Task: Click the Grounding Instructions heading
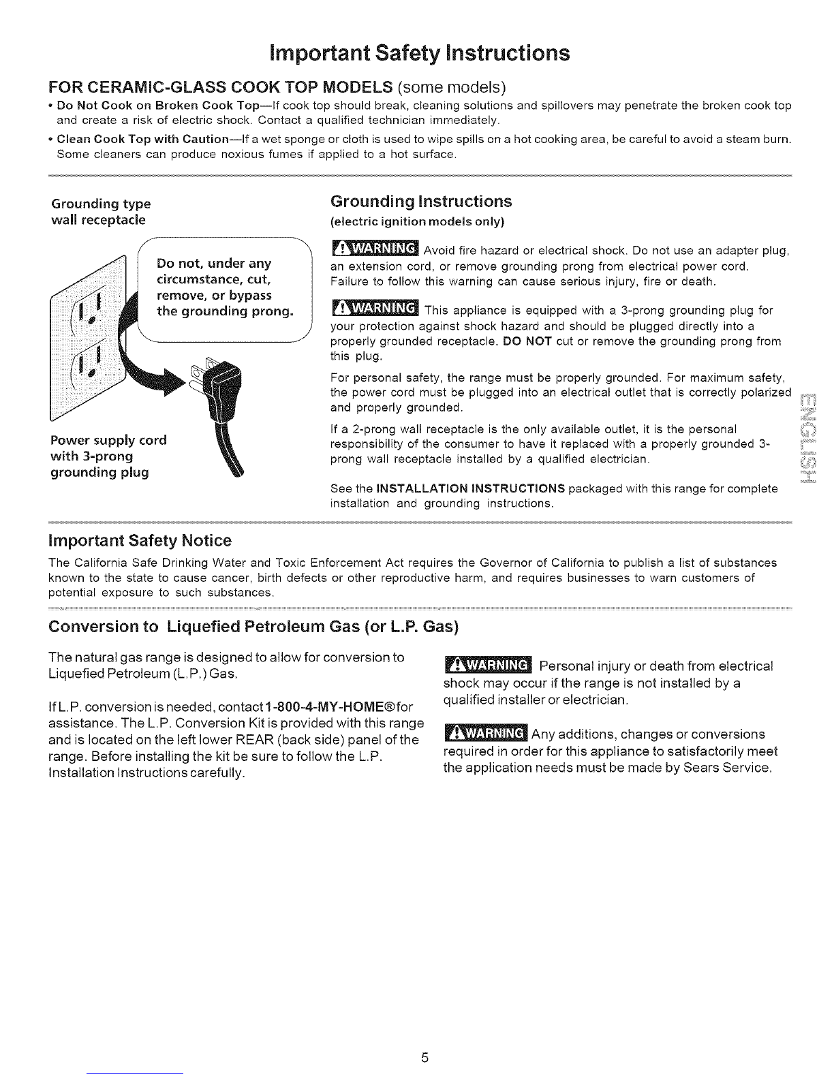420,202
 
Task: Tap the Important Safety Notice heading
140,541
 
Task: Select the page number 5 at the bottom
424,1058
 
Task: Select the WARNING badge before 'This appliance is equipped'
375,310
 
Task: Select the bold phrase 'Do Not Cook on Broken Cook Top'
155,106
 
